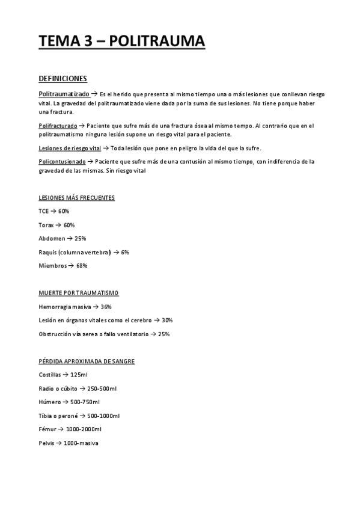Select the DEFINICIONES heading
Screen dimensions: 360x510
pyautogui.click(x=63, y=79)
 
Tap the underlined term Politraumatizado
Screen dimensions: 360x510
pyautogui.click(x=64, y=94)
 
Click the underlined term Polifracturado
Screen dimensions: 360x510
pyautogui.click(x=58, y=126)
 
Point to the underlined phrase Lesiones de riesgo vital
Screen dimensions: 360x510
pyautogui.click(x=70, y=148)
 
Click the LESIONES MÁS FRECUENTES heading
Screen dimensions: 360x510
pyautogui.click(x=76, y=198)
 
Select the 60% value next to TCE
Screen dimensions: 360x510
pyautogui.click(x=64, y=211)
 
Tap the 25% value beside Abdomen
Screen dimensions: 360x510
pyautogui.click(x=81, y=239)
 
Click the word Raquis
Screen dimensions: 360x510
pyautogui.click(x=47, y=253)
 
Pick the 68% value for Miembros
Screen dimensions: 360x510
pyautogui.click(x=82, y=266)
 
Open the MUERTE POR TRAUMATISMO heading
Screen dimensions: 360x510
pyautogui.click(x=78, y=293)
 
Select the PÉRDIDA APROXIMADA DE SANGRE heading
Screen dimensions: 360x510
pyautogui.click(x=86, y=361)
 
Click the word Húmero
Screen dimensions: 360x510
pyautogui.click(x=49, y=402)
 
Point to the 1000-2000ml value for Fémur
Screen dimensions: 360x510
pyautogui.click(x=84, y=429)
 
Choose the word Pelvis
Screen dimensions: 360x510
pyautogui.click(x=46, y=443)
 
